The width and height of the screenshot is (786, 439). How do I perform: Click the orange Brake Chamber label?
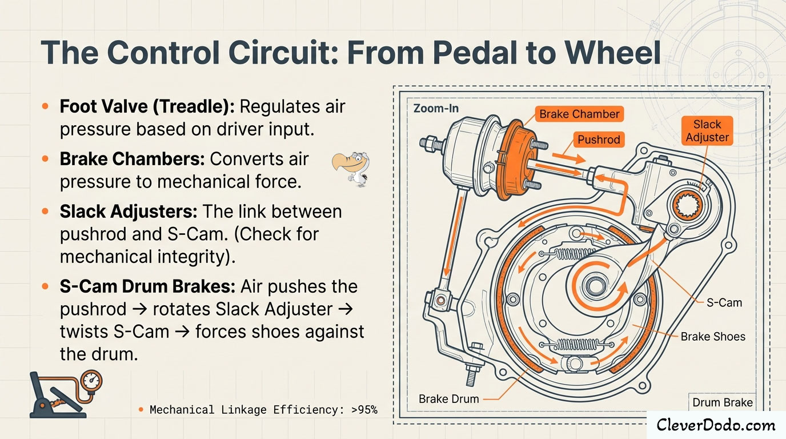tap(579, 114)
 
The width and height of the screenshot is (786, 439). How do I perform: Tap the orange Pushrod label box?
tap(598, 139)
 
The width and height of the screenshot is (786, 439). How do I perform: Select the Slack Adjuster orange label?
tap(707, 131)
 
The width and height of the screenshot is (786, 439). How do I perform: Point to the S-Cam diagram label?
tap(724, 302)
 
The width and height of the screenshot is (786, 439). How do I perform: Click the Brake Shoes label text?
tap(713, 337)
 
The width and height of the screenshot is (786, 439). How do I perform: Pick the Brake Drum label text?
tap(448, 398)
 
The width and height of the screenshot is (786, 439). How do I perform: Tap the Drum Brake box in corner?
tap(723, 402)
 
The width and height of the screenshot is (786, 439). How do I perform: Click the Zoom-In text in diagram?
tap(435, 108)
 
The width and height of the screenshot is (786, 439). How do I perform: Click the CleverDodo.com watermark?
tap(716, 425)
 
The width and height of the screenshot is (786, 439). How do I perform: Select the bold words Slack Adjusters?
tap(129, 211)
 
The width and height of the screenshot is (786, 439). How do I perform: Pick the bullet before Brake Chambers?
tap(45, 159)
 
